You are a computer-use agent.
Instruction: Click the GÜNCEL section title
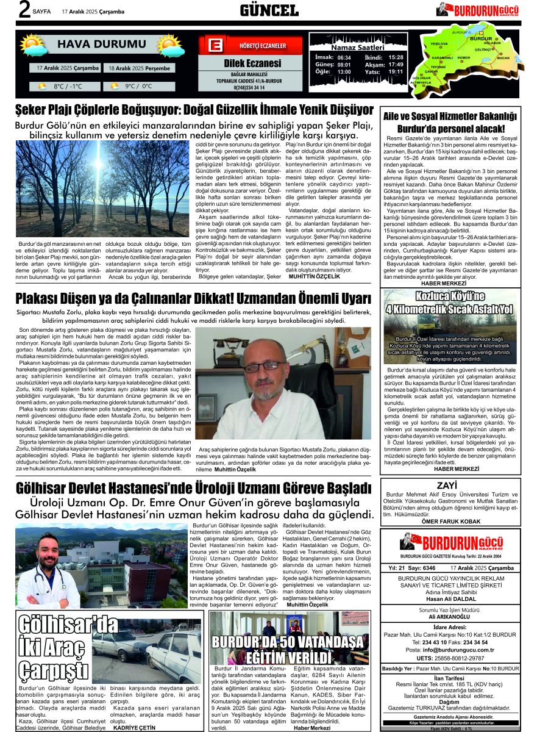click(x=268, y=10)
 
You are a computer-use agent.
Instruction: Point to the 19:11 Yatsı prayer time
click(x=396, y=71)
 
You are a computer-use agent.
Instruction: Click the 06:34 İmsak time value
click(x=344, y=57)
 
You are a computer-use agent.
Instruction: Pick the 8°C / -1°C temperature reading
click(x=68, y=86)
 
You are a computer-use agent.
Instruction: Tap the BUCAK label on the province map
click(x=503, y=58)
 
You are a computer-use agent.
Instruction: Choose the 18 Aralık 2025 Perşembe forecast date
click(x=140, y=68)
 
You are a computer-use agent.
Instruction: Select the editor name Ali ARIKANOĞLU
click(x=450, y=616)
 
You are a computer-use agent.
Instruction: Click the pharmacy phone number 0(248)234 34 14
click(x=251, y=87)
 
